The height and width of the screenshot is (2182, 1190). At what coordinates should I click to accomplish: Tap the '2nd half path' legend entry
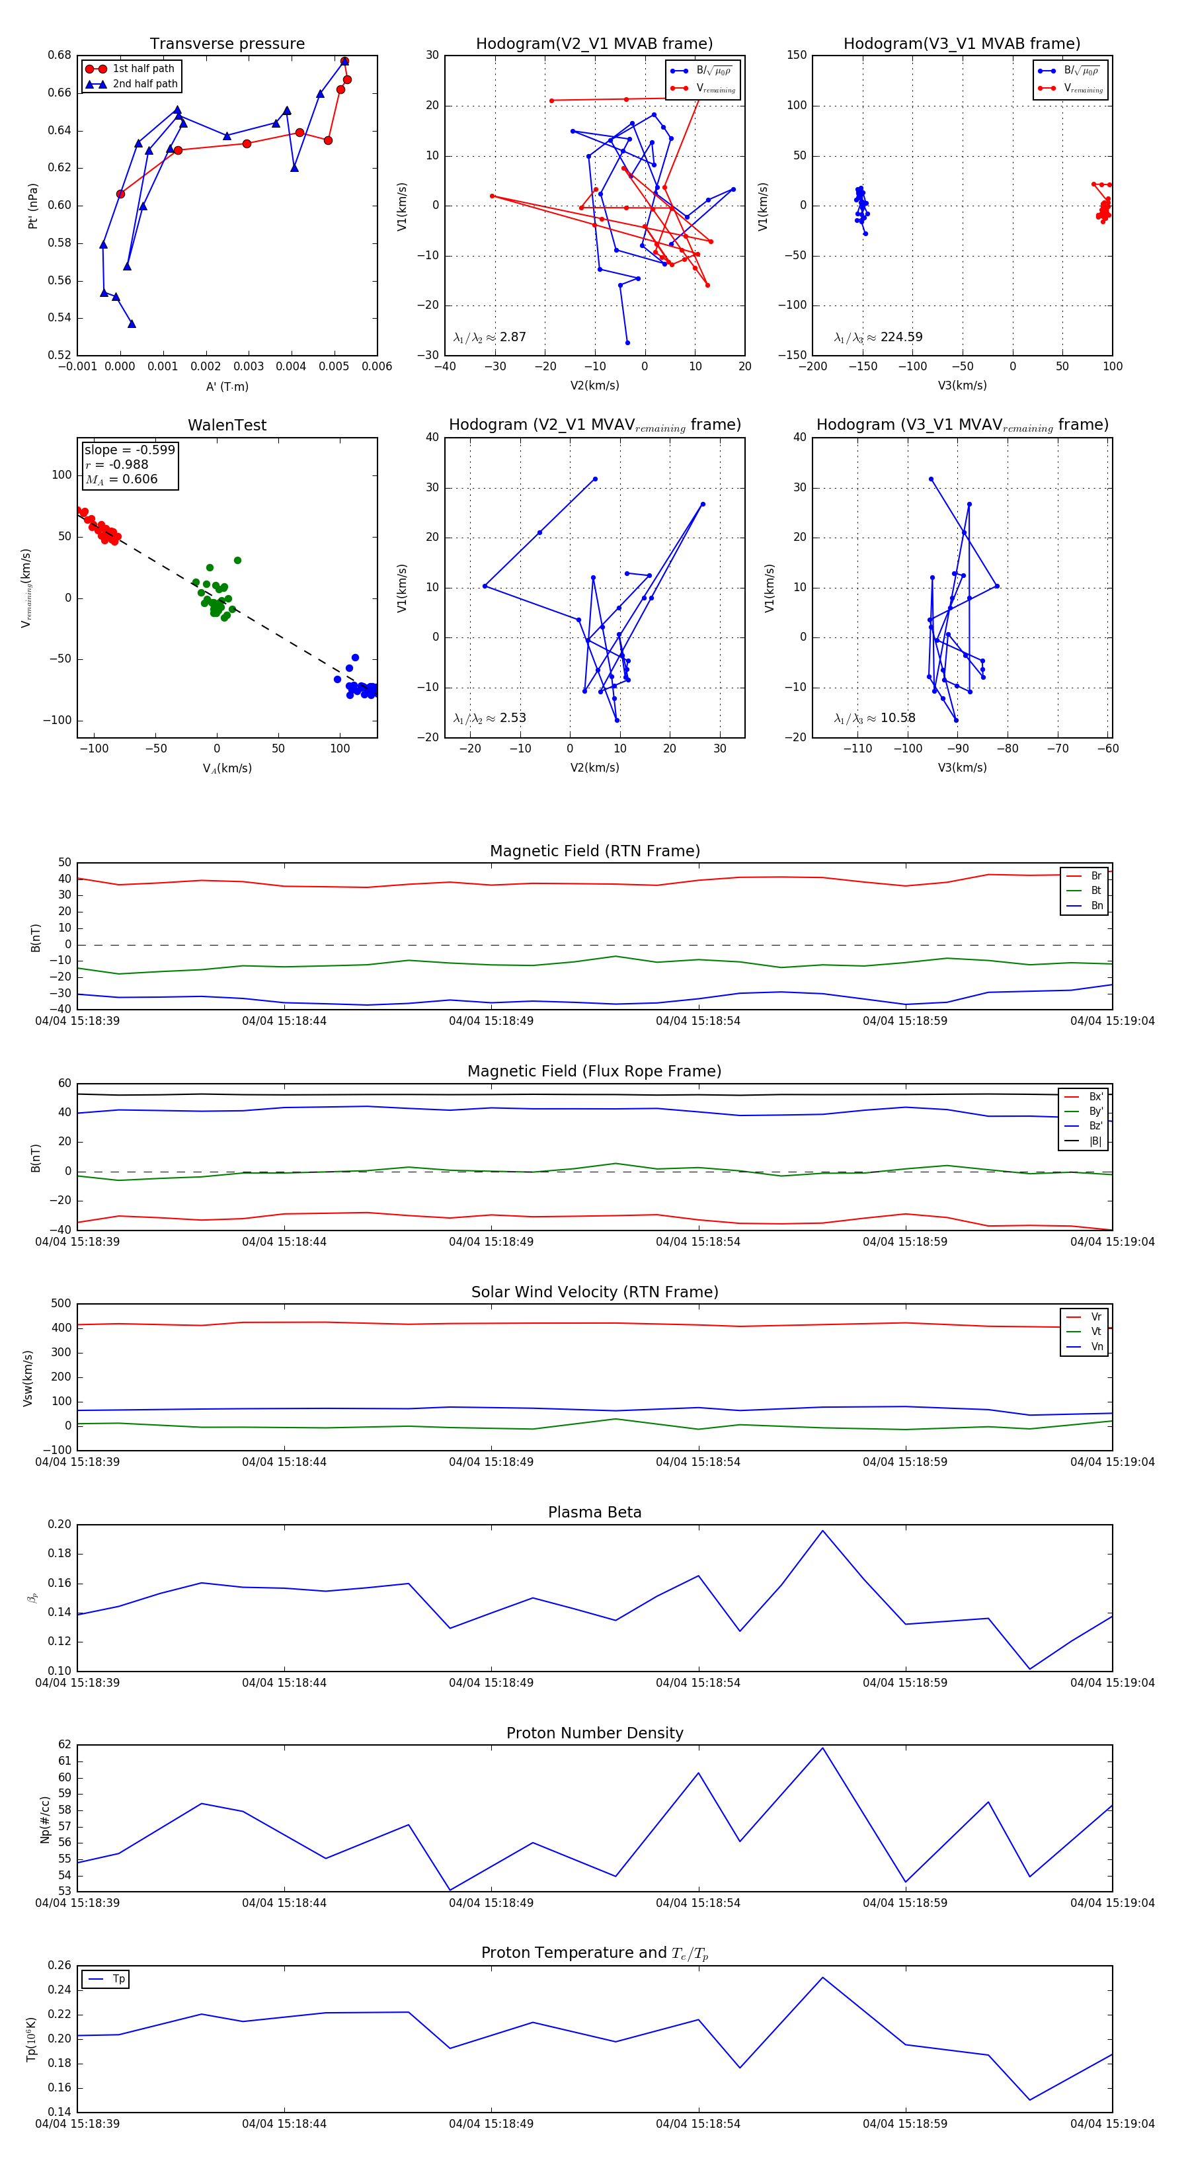point(145,84)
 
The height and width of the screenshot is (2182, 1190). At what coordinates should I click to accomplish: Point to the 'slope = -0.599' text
point(130,450)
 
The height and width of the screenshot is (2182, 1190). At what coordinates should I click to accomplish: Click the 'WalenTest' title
point(227,425)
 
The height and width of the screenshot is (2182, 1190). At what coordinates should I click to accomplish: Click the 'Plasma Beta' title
point(594,1513)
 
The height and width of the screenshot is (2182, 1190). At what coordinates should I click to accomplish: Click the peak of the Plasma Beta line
point(822,1531)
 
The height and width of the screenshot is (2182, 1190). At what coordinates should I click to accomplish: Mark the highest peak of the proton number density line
point(822,1748)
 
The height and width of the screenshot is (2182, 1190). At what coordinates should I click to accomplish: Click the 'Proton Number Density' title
point(594,1733)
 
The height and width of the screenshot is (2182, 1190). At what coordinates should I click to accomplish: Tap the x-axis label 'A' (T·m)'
point(227,386)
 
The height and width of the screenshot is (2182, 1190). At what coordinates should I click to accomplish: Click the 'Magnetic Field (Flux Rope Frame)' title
point(594,1072)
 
